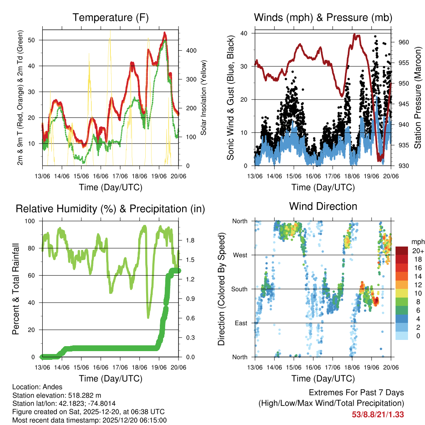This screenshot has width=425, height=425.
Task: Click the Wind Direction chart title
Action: click(323, 206)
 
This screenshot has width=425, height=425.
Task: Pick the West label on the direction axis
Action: click(240, 255)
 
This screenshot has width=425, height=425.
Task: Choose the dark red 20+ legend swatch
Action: click(402, 251)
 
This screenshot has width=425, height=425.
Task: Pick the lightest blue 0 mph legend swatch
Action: click(402, 336)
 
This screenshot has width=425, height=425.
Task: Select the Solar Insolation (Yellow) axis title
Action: click(204, 98)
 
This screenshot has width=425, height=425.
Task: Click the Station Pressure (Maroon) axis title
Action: click(417, 98)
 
